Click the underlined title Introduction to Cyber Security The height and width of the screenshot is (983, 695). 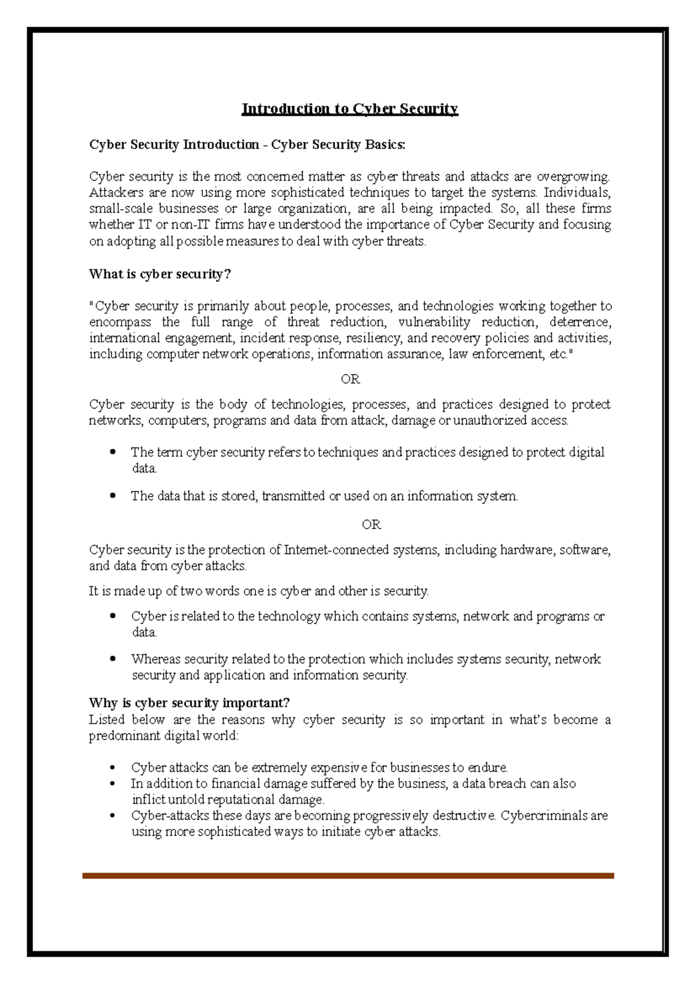(349, 109)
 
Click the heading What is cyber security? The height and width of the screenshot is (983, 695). (160, 274)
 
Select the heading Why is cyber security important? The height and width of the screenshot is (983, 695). (189, 703)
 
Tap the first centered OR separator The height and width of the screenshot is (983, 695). (350, 379)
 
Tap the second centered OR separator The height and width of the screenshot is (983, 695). (371, 524)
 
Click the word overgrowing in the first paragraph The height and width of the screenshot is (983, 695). (573, 177)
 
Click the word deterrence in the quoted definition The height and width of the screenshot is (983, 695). (580, 322)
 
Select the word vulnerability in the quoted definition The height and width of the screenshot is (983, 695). (434, 322)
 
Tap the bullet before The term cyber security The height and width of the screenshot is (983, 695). (113, 452)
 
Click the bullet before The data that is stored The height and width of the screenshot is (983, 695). (113, 496)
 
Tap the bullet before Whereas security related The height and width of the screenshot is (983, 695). (113, 659)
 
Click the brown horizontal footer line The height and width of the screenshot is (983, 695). (348, 876)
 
